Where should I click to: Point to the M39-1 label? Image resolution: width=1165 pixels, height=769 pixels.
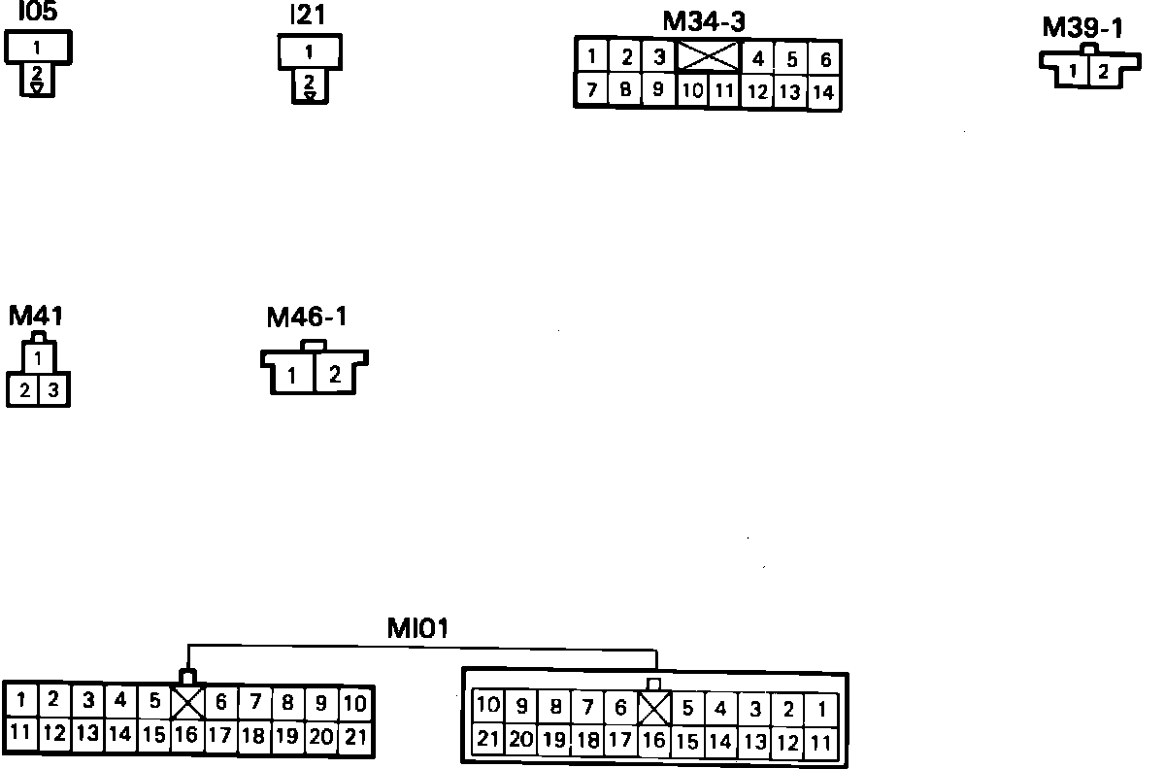[x=1082, y=27]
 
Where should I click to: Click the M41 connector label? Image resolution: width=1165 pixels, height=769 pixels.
[x=36, y=317]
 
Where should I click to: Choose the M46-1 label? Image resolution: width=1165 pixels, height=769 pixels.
[x=307, y=318]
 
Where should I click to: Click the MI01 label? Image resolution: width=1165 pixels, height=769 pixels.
[x=417, y=628]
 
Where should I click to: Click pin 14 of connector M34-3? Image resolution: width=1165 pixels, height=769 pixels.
[x=823, y=92]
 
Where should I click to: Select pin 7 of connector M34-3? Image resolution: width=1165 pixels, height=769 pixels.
[x=591, y=90]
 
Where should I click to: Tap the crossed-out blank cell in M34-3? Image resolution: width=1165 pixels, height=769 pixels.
[x=708, y=56]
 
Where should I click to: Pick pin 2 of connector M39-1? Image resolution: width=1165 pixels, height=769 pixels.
[x=1103, y=71]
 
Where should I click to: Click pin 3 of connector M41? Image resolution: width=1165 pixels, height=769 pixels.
[x=53, y=390]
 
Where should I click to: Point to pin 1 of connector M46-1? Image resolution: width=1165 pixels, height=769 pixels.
[x=291, y=376]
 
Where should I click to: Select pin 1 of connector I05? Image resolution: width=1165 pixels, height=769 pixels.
[x=37, y=47]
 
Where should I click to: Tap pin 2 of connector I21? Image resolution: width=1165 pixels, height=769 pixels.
[x=309, y=82]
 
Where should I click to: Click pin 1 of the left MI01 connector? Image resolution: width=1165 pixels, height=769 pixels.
[x=21, y=700]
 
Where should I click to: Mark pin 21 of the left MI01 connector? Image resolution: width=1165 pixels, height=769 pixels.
[x=356, y=736]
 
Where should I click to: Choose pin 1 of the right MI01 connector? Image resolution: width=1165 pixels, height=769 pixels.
[x=822, y=708]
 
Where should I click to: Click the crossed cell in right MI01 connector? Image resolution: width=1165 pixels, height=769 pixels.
[x=655, y=708]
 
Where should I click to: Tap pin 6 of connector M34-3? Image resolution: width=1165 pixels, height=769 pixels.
[x=825, y=59]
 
